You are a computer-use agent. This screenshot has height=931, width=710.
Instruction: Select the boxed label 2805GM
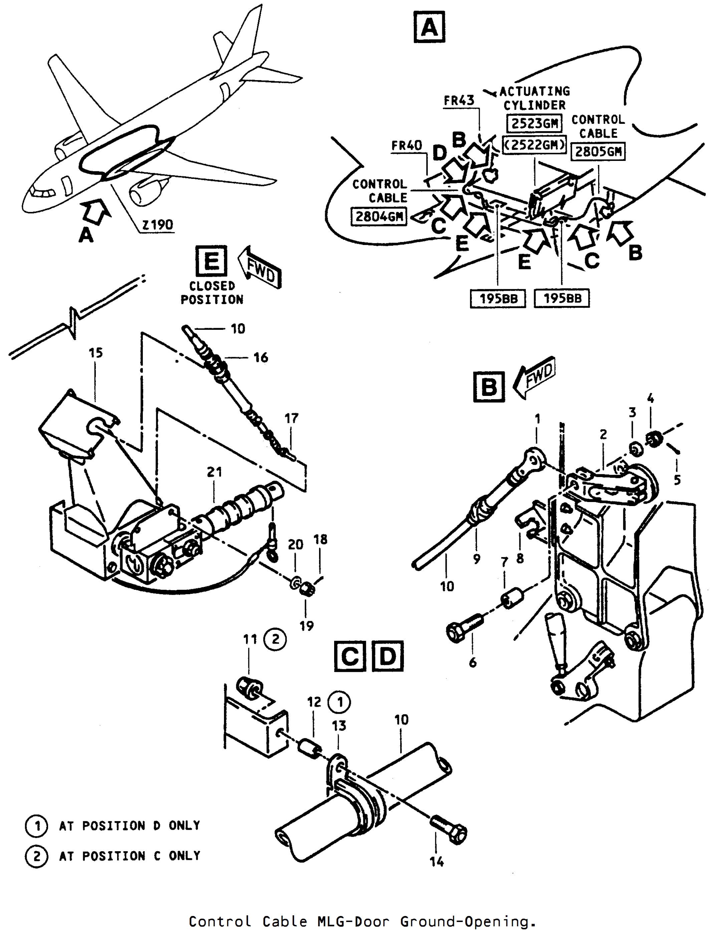[598, 151]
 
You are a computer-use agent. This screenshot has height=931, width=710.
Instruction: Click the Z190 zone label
[157, 224]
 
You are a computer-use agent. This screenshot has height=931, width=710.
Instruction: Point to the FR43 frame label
[459, 100]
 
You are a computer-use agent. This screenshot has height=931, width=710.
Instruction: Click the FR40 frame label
[407, 146]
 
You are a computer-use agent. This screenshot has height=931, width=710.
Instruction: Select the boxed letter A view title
[429, 27]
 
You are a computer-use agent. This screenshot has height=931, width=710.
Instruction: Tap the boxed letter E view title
[211, 261]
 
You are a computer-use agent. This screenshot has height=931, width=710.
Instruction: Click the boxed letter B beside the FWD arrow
[489, 387]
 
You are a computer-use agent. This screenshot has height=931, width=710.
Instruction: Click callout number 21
[214, 472]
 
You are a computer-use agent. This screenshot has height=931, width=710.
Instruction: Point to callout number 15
[95, 353]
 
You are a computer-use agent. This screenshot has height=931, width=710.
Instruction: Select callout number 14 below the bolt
[437, 861]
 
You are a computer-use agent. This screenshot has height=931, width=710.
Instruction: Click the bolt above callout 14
[448, 829]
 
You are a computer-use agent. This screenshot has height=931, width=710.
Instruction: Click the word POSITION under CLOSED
[212, 300]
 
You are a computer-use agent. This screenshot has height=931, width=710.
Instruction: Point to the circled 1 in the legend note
[37, 825]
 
